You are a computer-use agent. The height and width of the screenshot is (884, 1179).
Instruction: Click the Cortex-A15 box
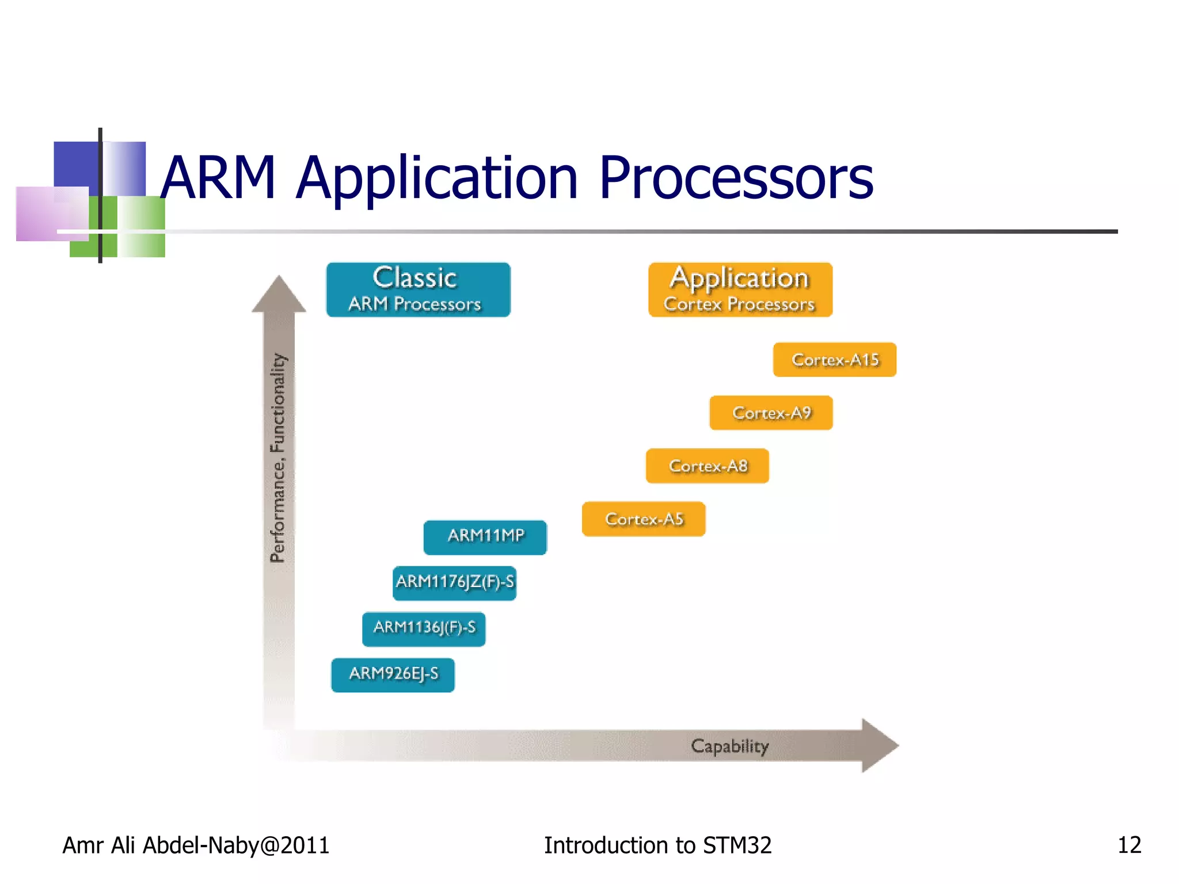point(835,360)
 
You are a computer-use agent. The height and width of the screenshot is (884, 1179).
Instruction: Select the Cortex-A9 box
point(771,413)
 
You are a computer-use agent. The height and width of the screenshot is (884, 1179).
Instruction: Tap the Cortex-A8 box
point(708,466)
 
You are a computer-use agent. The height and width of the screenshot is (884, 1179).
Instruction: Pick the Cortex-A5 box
point(644,519)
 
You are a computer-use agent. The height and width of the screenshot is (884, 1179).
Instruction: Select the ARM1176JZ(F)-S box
point(454,583)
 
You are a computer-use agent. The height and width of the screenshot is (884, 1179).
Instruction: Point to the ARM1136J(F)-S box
point(424,629)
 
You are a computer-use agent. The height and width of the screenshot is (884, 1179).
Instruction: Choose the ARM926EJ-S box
point(393,675)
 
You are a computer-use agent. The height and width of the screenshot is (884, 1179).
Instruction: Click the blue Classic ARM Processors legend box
point(418,289)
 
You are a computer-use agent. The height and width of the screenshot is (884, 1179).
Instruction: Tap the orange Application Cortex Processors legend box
point(740,289)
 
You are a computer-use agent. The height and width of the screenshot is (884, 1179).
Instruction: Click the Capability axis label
point(729,746)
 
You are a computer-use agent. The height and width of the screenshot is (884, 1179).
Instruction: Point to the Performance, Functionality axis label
point(278,458)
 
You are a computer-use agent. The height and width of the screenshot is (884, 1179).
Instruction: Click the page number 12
point(1129,845)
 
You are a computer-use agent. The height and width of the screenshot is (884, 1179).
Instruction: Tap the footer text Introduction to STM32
point(657,845)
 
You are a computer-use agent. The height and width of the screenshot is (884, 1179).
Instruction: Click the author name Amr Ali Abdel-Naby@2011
point(196,845)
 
